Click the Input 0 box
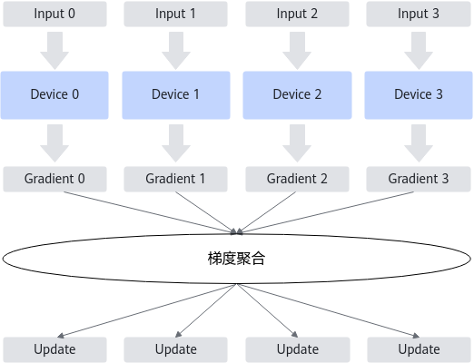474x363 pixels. pos(54,14)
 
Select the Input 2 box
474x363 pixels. pos(297,14)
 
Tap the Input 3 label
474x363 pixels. pos(419,14)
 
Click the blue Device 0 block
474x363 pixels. pos(54,95)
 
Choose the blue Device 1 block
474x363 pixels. pos(176,95)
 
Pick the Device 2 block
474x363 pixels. pos(297,95)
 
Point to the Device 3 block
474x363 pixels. pos(419,95)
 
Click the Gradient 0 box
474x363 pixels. pos(54,179)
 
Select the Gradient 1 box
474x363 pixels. pos(175,179)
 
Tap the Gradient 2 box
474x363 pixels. pos(297,179)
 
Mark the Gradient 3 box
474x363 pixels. pos(419,179)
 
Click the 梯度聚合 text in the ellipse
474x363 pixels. pos(236,259)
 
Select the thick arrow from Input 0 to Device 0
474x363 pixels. pos(54,51)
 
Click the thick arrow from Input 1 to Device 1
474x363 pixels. pos(176,51)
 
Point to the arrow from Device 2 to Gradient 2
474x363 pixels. pos(297,143)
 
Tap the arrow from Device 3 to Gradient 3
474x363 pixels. pos(419,143)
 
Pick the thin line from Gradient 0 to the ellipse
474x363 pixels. pos(150,212)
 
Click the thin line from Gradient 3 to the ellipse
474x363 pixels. pos(326,212)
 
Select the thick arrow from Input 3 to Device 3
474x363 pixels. pos(419,51)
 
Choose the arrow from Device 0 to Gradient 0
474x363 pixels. pos(54,143)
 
